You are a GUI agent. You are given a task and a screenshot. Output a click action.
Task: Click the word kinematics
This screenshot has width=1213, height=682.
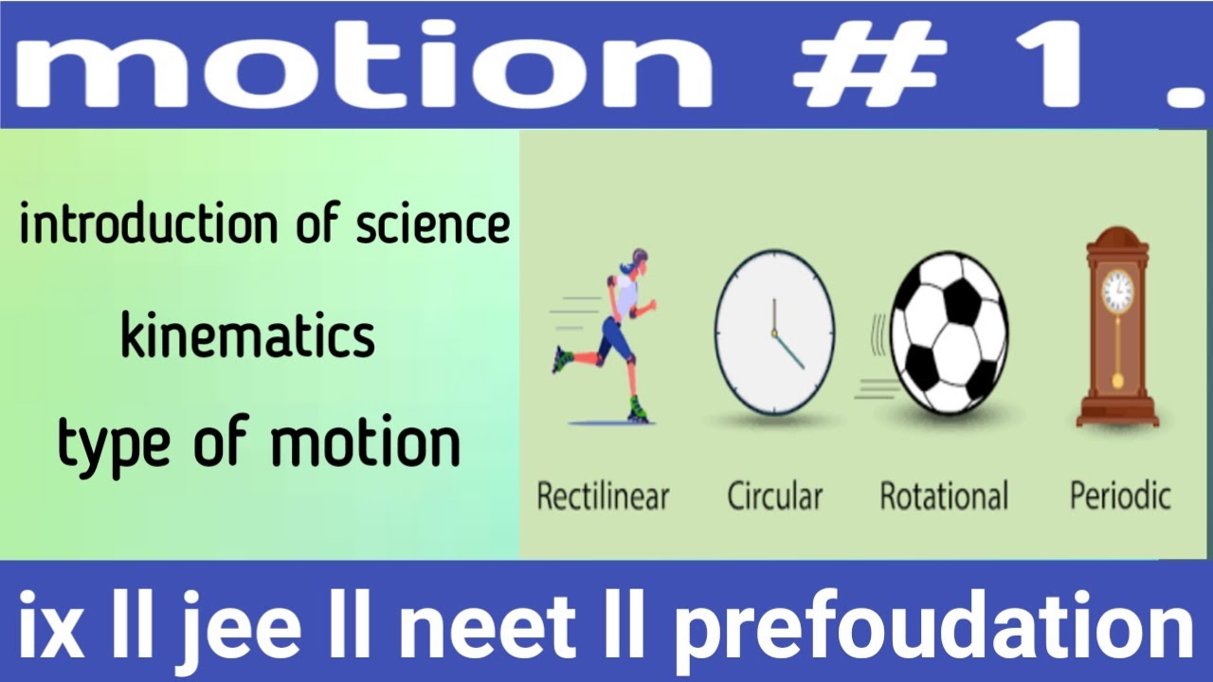[x=248, y=337]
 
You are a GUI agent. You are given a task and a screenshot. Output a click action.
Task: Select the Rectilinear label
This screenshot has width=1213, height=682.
[x=603, y=495]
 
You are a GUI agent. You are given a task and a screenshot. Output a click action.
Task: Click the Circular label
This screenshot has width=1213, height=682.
[x=774, y=495]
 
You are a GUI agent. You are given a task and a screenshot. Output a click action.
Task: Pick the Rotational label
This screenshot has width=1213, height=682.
[x=944, y=495]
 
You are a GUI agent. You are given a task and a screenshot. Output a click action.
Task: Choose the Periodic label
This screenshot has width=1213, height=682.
[x=1120, y=495]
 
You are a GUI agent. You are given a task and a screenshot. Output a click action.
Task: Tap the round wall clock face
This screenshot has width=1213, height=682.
[x=774, y=332]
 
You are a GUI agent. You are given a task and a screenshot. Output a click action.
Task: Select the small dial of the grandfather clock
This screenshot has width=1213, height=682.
[x=1118, y=290]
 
